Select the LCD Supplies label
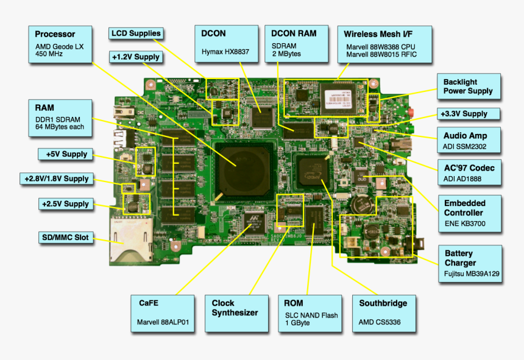(136, 34)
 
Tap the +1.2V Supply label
(136, 57)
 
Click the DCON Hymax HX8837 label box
(226, 44)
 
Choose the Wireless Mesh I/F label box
(384, 44)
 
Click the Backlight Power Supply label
(468, 87)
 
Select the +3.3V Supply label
(469, 114)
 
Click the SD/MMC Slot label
(65, 237)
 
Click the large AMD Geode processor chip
(241, 168)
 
